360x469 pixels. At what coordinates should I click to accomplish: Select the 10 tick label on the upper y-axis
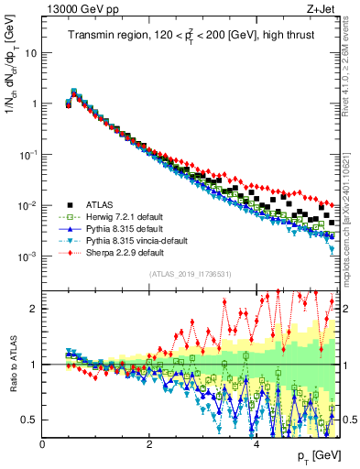(x=30, y=52)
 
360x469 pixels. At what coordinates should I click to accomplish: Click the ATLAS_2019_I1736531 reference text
(x=191, y=274)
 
